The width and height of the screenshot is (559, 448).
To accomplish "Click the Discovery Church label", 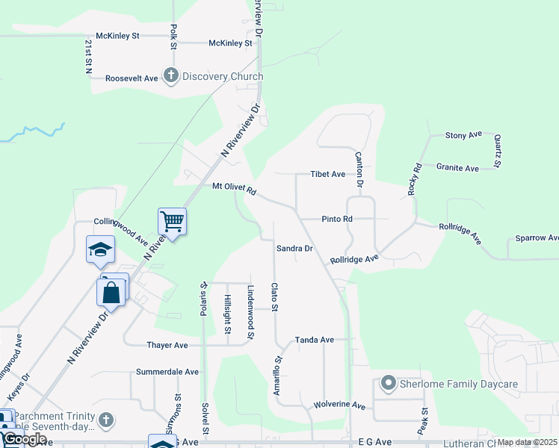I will [x=223, y=76].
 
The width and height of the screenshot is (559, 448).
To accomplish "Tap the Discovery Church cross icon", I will [x=171, y=75].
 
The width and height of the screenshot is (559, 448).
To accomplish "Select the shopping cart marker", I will [x=172, y=221].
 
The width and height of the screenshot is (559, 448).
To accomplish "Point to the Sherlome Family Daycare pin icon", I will [x=388, y=384].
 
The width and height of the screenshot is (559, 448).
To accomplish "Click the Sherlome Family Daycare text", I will [x=459, y=384].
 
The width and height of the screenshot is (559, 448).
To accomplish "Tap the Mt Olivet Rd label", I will [x=234, y=190].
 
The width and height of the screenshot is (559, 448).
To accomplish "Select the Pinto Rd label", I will [x=336, y=219].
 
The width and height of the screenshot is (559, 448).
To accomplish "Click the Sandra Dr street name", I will [x=294, y=248].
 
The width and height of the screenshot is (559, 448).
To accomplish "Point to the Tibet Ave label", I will [x=328, y=174].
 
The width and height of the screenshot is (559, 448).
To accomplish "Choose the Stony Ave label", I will [x=463, y=135].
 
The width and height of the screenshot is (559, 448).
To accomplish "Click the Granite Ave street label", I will [x=457, y=168].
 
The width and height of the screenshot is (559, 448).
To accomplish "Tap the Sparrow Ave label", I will [x=537, y=238].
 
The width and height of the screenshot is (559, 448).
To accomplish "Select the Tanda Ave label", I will [x=314, y=340].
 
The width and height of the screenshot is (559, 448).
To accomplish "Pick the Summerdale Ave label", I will [x=167, y=371].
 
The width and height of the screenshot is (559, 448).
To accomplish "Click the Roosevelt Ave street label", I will [x=132, y=78].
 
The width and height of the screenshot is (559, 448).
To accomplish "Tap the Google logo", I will [x=25, y=439].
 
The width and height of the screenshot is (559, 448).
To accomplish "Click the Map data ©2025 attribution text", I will [x=527, y=442].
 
